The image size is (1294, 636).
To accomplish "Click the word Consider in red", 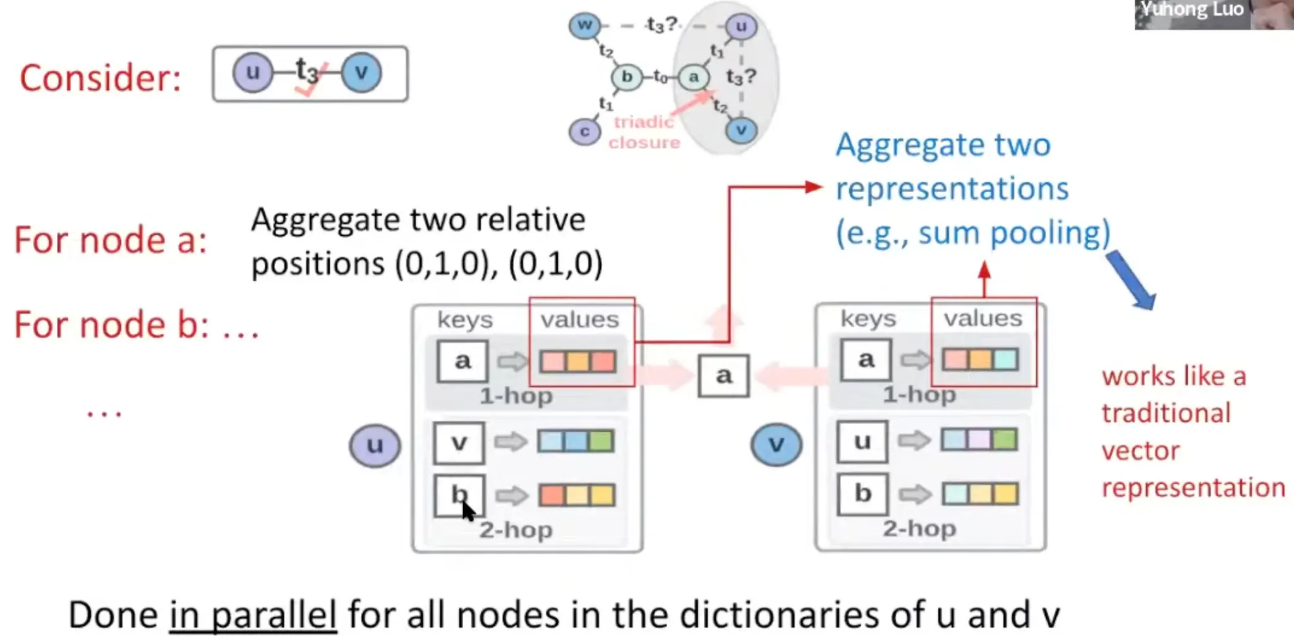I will tap(100, 78).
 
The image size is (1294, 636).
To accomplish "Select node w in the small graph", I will tap(584, 25).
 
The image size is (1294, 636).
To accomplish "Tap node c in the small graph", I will tap(584, 132).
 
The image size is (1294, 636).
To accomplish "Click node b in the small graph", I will tap(626, 77).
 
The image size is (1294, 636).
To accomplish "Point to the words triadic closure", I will tap(644, 132).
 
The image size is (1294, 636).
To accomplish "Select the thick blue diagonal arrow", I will tap(1131, 279).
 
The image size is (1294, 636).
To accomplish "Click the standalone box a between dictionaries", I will tap(723, 376).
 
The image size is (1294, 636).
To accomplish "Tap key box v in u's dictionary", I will tap(459, 443).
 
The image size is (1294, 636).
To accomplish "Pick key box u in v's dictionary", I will tap(862, 441).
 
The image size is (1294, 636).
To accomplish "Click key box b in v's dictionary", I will tap(862, 493).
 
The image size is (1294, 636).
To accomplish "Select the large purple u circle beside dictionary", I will tap(375, 445).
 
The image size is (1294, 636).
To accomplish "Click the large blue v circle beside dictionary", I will tap(777, 444).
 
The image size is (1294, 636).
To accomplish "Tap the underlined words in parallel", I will tap(253, 615).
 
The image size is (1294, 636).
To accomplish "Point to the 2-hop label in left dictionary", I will tap(516, 530).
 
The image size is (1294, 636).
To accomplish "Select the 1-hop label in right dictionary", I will tap(919, 394).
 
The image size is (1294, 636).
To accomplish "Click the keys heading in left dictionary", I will tap(465, 320).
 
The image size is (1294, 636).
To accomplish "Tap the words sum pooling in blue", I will tap(1013, 233).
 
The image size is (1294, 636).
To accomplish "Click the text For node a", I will tap(111, 240).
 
